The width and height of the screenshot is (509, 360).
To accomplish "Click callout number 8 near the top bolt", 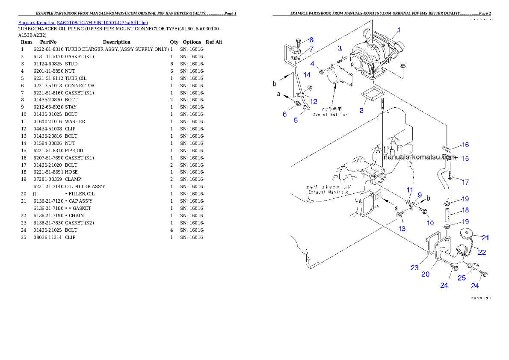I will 311,40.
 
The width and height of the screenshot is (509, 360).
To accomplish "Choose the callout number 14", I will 307,75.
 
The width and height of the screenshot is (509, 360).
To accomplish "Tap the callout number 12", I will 314,102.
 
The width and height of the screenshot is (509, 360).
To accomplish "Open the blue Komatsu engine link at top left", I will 83,23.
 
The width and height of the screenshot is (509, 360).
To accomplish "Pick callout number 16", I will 465,145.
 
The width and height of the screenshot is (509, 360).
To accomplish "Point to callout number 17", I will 465,182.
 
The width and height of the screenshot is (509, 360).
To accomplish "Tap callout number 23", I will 414,268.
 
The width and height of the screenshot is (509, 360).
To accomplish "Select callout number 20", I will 425,274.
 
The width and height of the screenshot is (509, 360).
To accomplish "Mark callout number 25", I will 462,278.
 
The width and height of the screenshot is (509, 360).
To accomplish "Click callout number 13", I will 402,229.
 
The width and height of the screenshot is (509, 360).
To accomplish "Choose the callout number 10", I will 430,223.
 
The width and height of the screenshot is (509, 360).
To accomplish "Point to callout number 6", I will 284,114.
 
